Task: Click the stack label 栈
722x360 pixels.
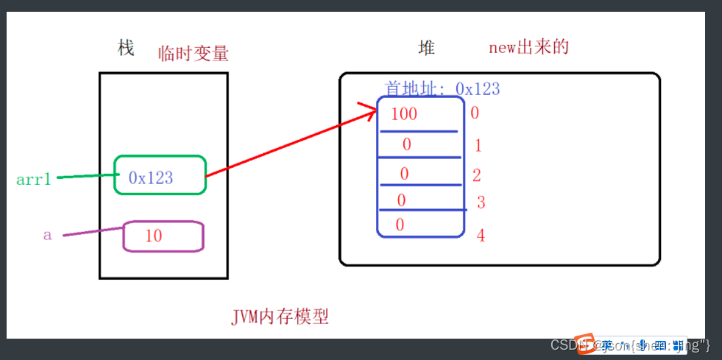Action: tap(126, 49)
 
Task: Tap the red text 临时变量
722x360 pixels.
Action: tap(194, 53)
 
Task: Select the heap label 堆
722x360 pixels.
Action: tap(427, 49)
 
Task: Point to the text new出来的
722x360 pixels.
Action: tap(529, 48)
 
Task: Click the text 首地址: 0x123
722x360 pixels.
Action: tap(442, 89)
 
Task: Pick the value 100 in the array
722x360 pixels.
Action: tap(404, 114)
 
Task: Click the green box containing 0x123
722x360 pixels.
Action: tap(160, 175)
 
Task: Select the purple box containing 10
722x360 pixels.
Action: tap(163, 236)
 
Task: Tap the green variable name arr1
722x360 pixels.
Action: tap(33, 179)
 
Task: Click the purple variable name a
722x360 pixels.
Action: tap(48, 236)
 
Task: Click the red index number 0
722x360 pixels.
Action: tap(475, 113)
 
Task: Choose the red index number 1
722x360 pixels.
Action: tap(478, 146)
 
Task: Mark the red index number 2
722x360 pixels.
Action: tap(477, 175)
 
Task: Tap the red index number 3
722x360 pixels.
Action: tap(481, 202)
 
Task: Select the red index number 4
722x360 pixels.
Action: tap(481, 236)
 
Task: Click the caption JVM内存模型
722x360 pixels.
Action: tap(280, 317)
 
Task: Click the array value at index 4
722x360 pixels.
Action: tap(400, 225)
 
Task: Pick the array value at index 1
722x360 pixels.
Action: tap(406, 145)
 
